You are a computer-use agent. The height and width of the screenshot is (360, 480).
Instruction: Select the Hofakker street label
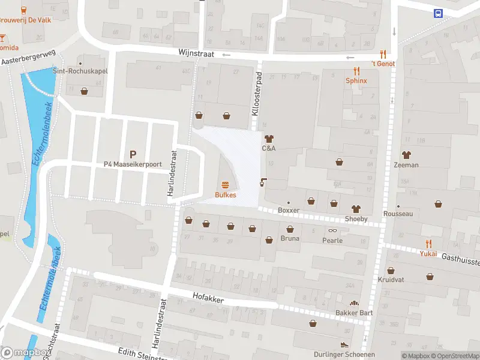(208, 296)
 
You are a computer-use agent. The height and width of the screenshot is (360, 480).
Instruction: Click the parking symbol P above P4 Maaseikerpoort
(133, 153)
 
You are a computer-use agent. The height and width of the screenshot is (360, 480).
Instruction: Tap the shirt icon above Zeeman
(406, 155)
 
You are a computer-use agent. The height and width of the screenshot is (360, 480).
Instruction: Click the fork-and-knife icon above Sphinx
(356, 70)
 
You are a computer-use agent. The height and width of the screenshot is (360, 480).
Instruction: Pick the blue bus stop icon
(439, 13)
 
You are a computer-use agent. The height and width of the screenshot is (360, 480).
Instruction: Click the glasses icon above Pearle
(332, 230)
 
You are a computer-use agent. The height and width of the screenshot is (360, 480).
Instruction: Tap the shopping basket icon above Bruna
(290, 229)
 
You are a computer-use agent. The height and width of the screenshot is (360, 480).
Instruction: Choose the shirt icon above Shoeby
(356, 209)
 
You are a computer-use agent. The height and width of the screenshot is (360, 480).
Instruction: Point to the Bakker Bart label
(354, 313)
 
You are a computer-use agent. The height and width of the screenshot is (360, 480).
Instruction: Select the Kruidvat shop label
(391, 280)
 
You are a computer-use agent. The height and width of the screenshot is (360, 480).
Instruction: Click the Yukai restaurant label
(428, 253)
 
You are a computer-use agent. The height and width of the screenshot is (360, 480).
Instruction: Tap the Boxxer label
(289, 211)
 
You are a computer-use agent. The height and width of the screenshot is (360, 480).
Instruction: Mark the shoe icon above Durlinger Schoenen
(344, 345)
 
